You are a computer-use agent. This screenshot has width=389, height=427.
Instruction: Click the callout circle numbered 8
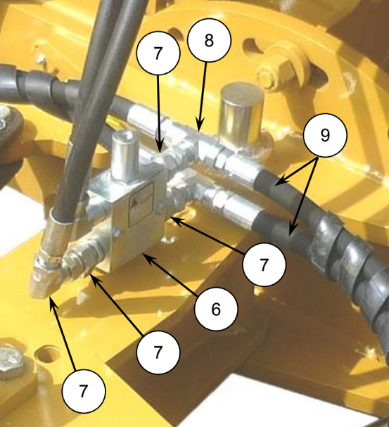[209, 40]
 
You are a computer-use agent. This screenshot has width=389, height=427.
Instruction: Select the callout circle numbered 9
[325, 135]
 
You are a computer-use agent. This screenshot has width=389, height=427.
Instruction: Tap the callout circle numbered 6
[216, 309]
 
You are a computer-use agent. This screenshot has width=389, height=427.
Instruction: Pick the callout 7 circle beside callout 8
[158, 53]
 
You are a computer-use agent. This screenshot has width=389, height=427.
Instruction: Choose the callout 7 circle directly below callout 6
[158, 352]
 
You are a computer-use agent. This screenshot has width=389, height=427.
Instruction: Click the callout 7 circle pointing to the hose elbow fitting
[84, 391]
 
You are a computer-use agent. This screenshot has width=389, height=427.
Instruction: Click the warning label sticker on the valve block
[141, 205]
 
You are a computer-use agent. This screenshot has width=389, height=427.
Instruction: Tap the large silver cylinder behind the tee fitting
[241, 114]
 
